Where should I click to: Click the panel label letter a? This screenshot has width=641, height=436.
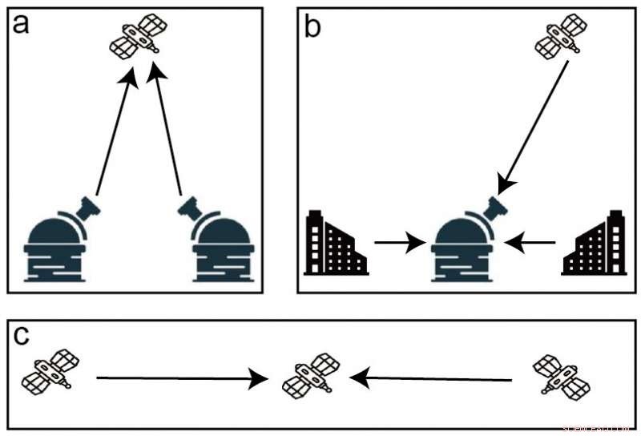pos(22,24)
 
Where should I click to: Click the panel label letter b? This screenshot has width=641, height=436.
pos(314,26)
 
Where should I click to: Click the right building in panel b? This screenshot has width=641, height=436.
pos(595,244)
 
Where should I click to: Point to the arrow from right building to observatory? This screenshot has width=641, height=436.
pos(532,240)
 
